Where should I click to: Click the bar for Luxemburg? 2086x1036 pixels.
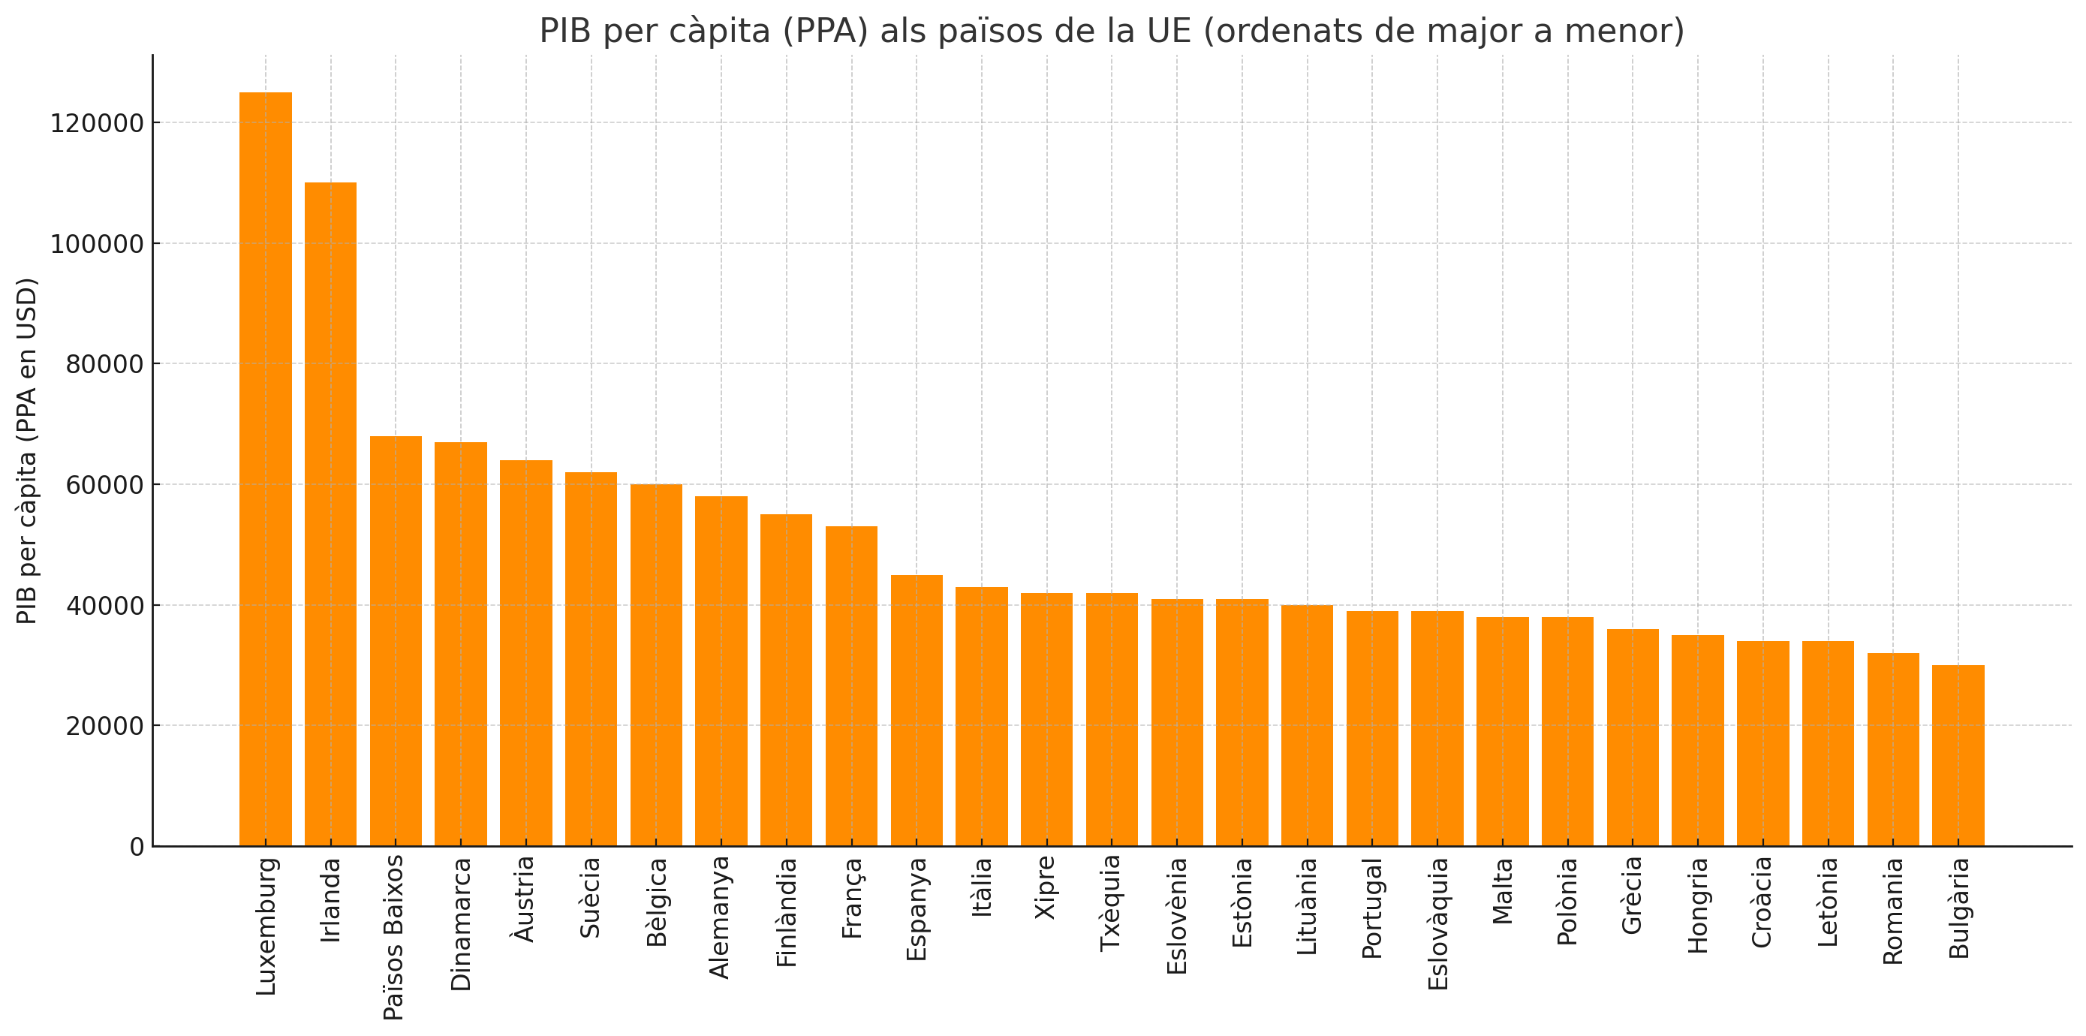[266, 470]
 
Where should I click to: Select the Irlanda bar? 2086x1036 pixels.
[330, 514]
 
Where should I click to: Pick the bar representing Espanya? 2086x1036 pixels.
[917, 711]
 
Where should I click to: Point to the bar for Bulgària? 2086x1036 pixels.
[1958, 756]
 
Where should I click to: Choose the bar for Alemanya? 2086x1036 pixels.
[721, 671]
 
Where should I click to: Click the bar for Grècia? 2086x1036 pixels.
[1633, 738]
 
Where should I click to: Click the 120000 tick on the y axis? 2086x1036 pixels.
[97, 124]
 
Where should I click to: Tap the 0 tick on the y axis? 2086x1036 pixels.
[137, 848]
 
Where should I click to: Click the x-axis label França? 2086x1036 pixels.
[852, 899]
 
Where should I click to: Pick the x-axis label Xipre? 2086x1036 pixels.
[1046, 888]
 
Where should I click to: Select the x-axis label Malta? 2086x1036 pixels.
[1503, 891]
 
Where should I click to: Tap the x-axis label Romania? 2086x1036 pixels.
[1893, 911]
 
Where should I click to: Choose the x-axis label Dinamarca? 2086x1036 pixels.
[461, 924]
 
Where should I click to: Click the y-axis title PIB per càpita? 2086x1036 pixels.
[28, 451]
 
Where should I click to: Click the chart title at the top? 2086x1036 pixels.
[1111, 31]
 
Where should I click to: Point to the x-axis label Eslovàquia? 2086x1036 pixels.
[1438, 924]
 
